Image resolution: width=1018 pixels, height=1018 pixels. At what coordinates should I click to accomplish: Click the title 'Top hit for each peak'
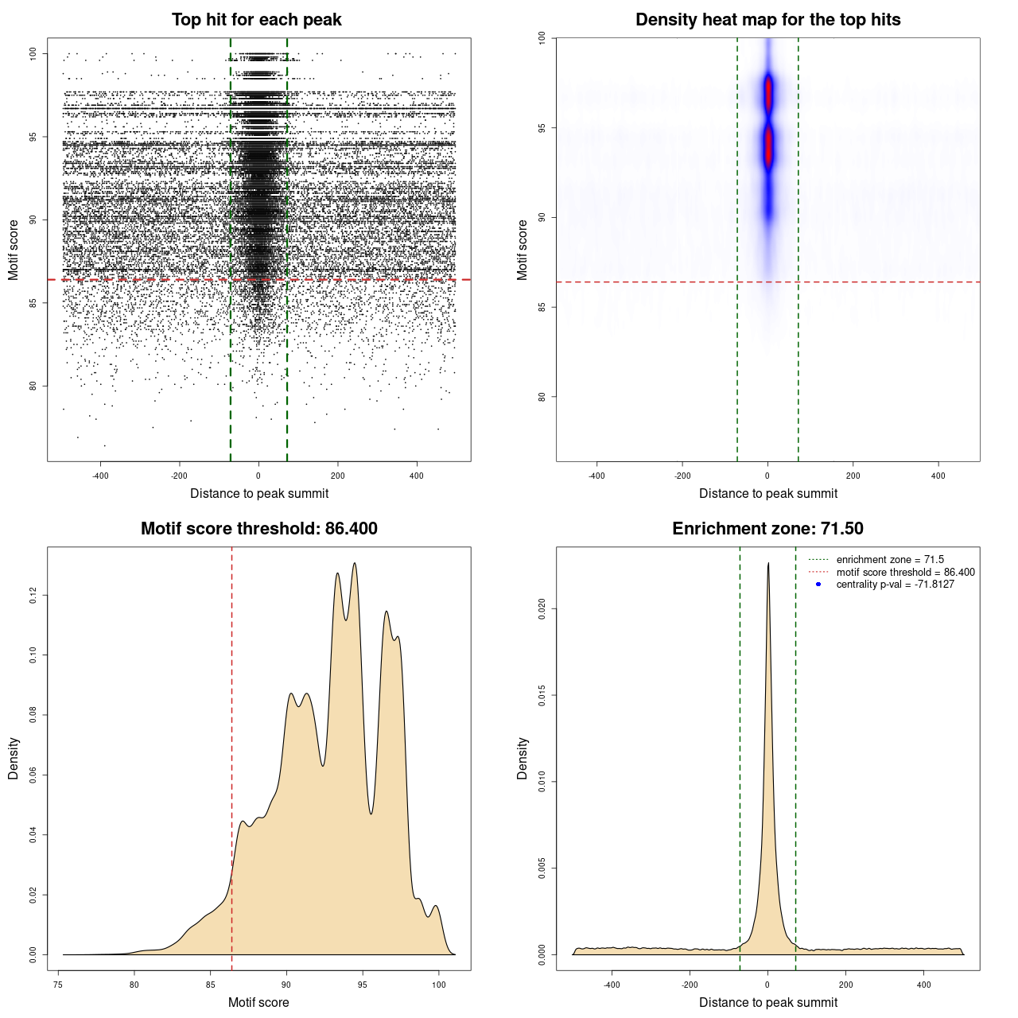point(257,20)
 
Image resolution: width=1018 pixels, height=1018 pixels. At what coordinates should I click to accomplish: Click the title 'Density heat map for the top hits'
point(767,20)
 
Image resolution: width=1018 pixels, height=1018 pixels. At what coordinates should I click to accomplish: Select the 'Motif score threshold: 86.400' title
point(258,529)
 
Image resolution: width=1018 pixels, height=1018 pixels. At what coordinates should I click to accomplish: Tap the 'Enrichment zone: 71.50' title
point(767,529)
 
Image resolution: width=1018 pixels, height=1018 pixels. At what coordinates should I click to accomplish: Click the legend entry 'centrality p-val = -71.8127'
point(895,585)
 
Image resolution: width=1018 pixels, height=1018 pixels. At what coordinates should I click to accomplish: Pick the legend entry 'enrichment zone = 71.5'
point(890,560)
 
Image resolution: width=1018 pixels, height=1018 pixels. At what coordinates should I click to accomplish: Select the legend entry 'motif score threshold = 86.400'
point(905,573)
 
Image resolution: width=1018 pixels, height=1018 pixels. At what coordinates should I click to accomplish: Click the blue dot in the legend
point(818,585)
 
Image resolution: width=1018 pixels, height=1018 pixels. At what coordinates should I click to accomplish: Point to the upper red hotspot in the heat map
point(768,94)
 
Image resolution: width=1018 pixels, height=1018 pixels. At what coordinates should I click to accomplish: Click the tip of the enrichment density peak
point(768,564)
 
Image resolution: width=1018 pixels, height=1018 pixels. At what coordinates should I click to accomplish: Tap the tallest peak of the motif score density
point(355,564)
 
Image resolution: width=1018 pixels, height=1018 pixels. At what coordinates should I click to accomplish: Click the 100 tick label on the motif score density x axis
point(439,985)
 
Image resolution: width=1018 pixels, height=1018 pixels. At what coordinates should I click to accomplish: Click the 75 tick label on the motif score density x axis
point(58,985)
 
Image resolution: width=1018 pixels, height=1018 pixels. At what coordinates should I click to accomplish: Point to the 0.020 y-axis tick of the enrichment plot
point(542,609)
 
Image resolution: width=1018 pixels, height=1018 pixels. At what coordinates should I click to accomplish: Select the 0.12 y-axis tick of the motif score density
point(33,595)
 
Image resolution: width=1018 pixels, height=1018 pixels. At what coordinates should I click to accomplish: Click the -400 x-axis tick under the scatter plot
point(100,476)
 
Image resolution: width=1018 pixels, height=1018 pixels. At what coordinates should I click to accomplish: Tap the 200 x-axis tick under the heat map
point(853,476)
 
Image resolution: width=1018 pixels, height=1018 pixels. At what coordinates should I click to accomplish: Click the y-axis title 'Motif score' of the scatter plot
point(14,250)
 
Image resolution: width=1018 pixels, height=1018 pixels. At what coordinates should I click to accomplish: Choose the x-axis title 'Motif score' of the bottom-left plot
point(258,1002)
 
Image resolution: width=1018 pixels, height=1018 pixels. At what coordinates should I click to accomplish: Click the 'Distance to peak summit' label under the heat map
point(768,493)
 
